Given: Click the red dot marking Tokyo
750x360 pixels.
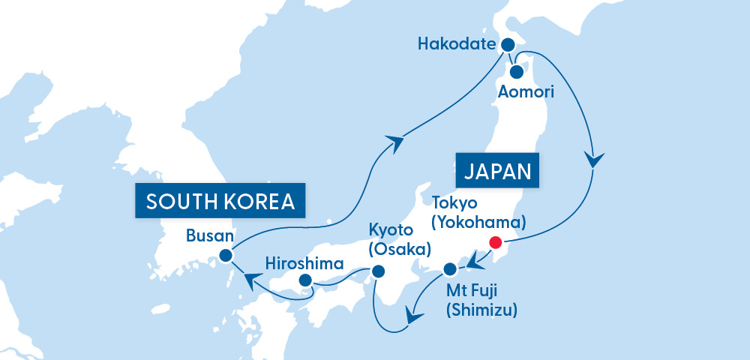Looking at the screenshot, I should pos(494,242).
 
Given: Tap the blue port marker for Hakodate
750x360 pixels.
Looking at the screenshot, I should pos(508,44).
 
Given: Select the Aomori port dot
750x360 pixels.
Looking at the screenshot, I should pos(517,73).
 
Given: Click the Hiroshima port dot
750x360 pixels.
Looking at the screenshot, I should pos(305,280).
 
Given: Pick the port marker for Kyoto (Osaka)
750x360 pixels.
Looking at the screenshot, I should pos(378,271).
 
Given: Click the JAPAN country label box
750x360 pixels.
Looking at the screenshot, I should pos(497,170).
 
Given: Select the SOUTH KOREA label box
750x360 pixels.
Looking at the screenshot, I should pos(220,201).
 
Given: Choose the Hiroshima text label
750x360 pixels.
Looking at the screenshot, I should pos(304,263).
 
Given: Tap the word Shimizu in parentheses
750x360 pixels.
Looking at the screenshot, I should pos(481,309).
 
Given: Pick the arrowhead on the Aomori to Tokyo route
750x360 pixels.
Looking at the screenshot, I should pos(595,160).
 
